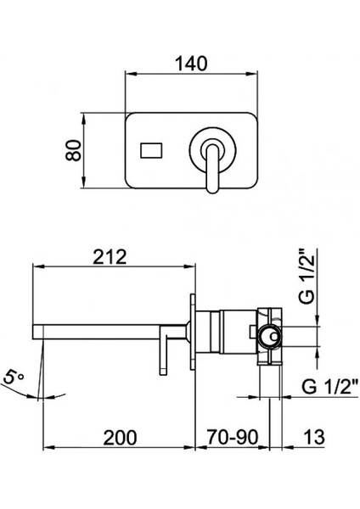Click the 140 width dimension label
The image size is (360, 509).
click(191, 64)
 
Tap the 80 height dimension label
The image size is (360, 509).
click(73, 150)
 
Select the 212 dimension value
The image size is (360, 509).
click(110, 257)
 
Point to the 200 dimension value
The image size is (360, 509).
click(120, 438)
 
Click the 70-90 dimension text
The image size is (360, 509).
click(233, 437)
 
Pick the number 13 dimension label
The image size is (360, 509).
click(314, 437)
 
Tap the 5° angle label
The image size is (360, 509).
click(13, 378)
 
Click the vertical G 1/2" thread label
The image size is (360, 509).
click(307, 277)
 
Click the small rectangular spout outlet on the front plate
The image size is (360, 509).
click(151, 151)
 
